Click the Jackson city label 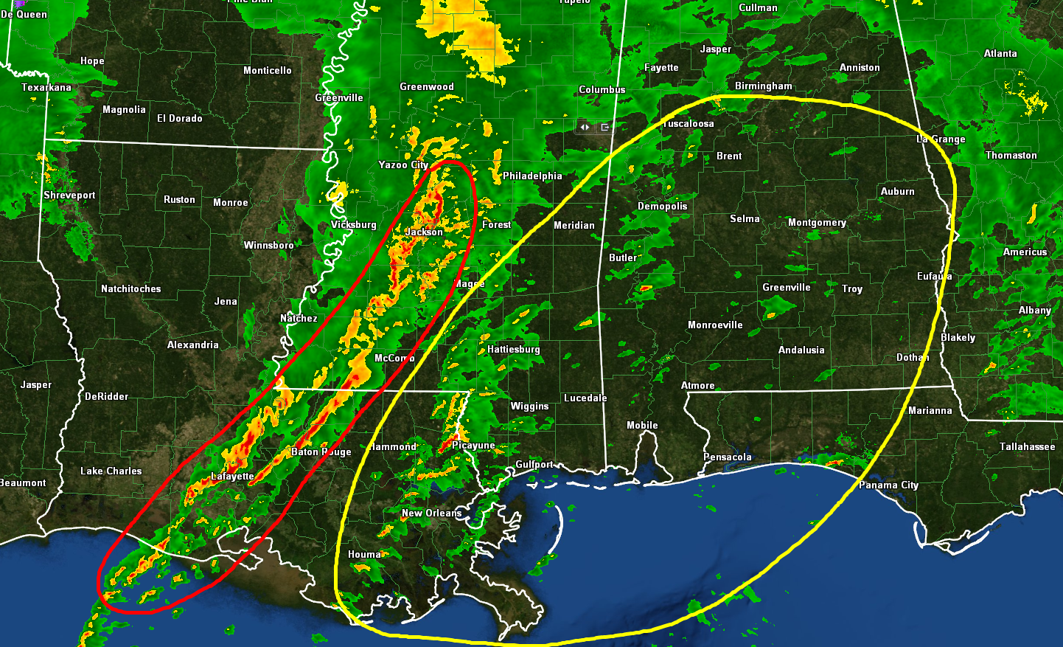[424, 232]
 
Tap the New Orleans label [432, 513]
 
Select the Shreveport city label [69, 196]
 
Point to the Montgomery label [817, 222]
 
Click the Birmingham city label [763, 86]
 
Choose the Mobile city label [642, 425]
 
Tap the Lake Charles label [111, 471]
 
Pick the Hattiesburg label [513, 349]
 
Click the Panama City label [888, 485]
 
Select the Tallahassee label [1027, 446]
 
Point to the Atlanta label [1000, 53]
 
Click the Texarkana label [46, 87]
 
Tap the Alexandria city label [192, 345]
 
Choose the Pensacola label [727, 457]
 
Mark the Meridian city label [574, 225]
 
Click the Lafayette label [232, 476]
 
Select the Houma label [364, 554]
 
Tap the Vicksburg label [353, 224]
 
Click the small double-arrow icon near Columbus [585, 127]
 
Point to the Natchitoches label [130, 288]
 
